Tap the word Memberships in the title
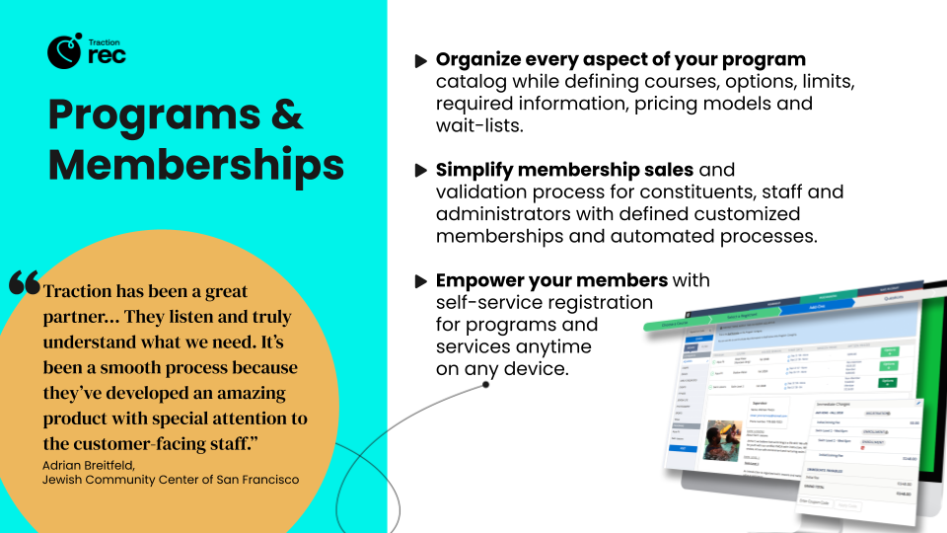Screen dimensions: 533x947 196,163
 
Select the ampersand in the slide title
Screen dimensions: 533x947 287,115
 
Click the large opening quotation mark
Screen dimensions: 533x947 25,284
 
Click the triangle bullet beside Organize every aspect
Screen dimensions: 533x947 421,61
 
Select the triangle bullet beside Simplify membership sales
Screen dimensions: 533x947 421,171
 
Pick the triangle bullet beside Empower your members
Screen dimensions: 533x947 421,281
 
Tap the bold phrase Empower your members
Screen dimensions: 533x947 551,280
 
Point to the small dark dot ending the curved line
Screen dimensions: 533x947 486,385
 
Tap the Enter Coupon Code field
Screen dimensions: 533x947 814,503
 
